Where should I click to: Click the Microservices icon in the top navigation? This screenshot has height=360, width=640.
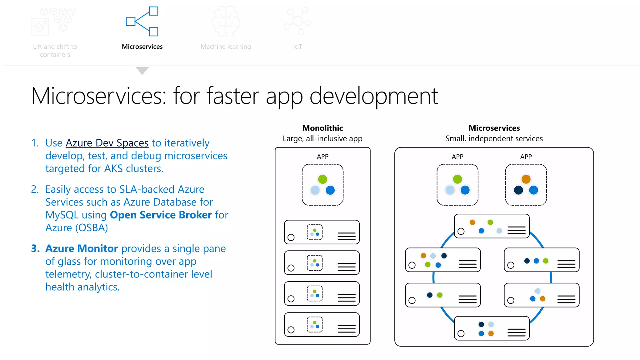[142, 21]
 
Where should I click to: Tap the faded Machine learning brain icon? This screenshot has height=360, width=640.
[226, 21]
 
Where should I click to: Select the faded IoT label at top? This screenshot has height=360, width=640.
[297, 47]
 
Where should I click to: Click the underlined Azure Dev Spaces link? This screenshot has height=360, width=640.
[107, 143]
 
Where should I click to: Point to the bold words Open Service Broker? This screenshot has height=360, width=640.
[161, 215]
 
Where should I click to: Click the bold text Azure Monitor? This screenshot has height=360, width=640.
[82, 248]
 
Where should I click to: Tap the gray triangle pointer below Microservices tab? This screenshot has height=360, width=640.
[142, 71]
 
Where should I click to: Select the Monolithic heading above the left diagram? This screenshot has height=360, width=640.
[322, 128]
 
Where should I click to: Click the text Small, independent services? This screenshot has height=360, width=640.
[494, 138]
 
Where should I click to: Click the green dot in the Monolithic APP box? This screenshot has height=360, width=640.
[322, 179]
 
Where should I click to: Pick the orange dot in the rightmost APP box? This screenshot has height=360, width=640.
[526, 179]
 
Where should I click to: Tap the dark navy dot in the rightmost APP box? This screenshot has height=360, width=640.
[518, 190]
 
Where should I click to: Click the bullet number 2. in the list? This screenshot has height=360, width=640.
[35, 189]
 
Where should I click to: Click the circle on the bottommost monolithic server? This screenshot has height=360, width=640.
[291, 330]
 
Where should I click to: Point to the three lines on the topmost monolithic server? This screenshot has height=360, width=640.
[347, 236]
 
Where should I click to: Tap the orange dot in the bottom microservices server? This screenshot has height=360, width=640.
[491, 333]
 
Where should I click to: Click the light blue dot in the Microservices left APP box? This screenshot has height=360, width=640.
[450, 190]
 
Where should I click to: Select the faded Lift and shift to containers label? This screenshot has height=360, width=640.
[55, 50]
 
